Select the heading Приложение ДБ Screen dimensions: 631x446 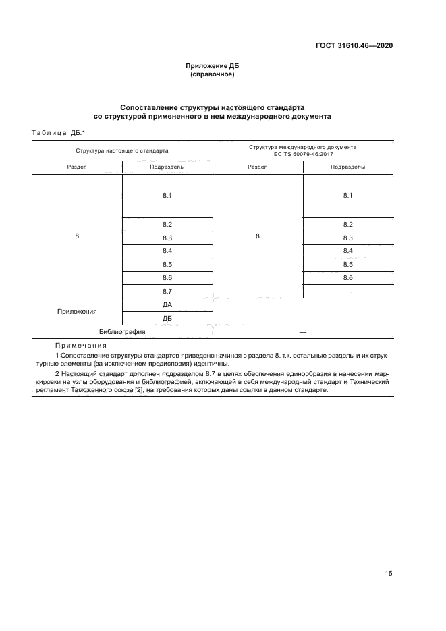pyautogui.click(x=213, y=65)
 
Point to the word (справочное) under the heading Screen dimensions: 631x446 pyautogui.click(x=213, y=74)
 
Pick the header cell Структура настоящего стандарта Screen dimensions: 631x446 pyautogui.click(x=122, y=150)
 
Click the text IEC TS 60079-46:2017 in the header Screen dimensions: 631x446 pyautogui.click(x=303, y=154)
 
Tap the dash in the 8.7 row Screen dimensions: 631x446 pyautogui.click(x=348, y=291)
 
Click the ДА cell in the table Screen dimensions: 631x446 pyautogui.click(x=167, y=304)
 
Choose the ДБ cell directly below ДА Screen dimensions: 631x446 pyautogui.click(x=167, y=318)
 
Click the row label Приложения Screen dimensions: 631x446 pyautogui.click(x=77, y=312)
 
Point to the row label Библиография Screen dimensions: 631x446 pyautogui.click(x=122, y=332)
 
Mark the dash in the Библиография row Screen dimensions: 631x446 pyautogui.click(x=303, y=332)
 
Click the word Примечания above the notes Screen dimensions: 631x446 pyautogui.click(x=76, y=346)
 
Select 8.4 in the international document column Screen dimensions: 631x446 pyautogui.click(x=348, y=251)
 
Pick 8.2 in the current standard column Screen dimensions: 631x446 pyautogui.click(x=167, y=224)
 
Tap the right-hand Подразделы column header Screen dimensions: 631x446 pyautogui.click(x=348, y=167)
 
